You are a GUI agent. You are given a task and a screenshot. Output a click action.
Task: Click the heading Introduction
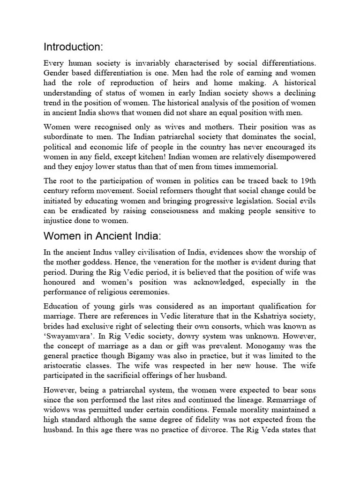point(73,47)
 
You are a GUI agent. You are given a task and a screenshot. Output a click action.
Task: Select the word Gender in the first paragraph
point(57,73)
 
